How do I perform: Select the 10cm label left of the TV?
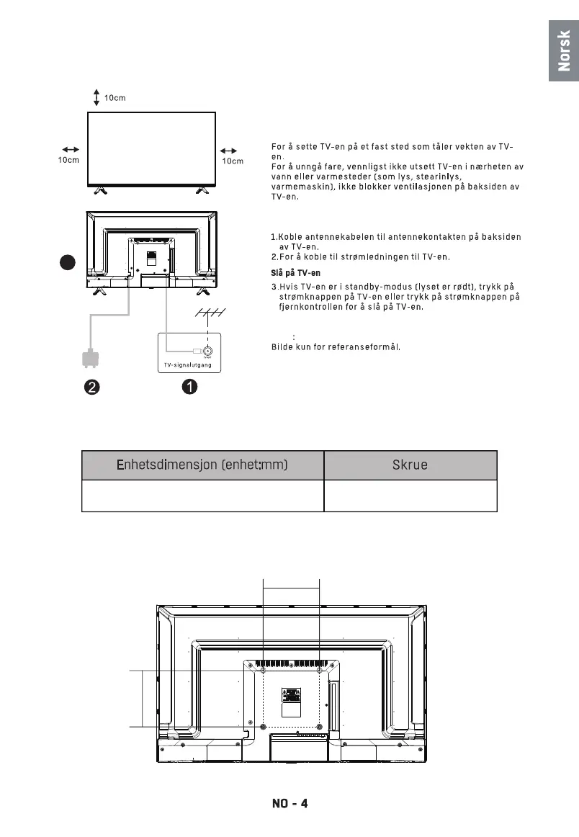pos(68,161)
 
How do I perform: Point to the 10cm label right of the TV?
pos(233,161)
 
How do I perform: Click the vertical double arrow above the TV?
pos(96,98)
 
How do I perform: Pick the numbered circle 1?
pos(189,387)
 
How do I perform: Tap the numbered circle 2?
pos(90,387)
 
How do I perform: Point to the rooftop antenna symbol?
pos(210,313)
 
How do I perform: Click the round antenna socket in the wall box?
pos(207,350)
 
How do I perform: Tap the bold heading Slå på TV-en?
pos(295,273)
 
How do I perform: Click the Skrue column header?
pos(410,465)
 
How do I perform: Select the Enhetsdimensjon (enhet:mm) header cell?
pos(202,465)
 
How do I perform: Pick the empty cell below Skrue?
pos(410,496)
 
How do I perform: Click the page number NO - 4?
pos(289,803)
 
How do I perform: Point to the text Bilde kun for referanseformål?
pos(335,346)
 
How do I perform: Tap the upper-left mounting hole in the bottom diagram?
pos(263,671)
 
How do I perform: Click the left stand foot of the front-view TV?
pos(101,191)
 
